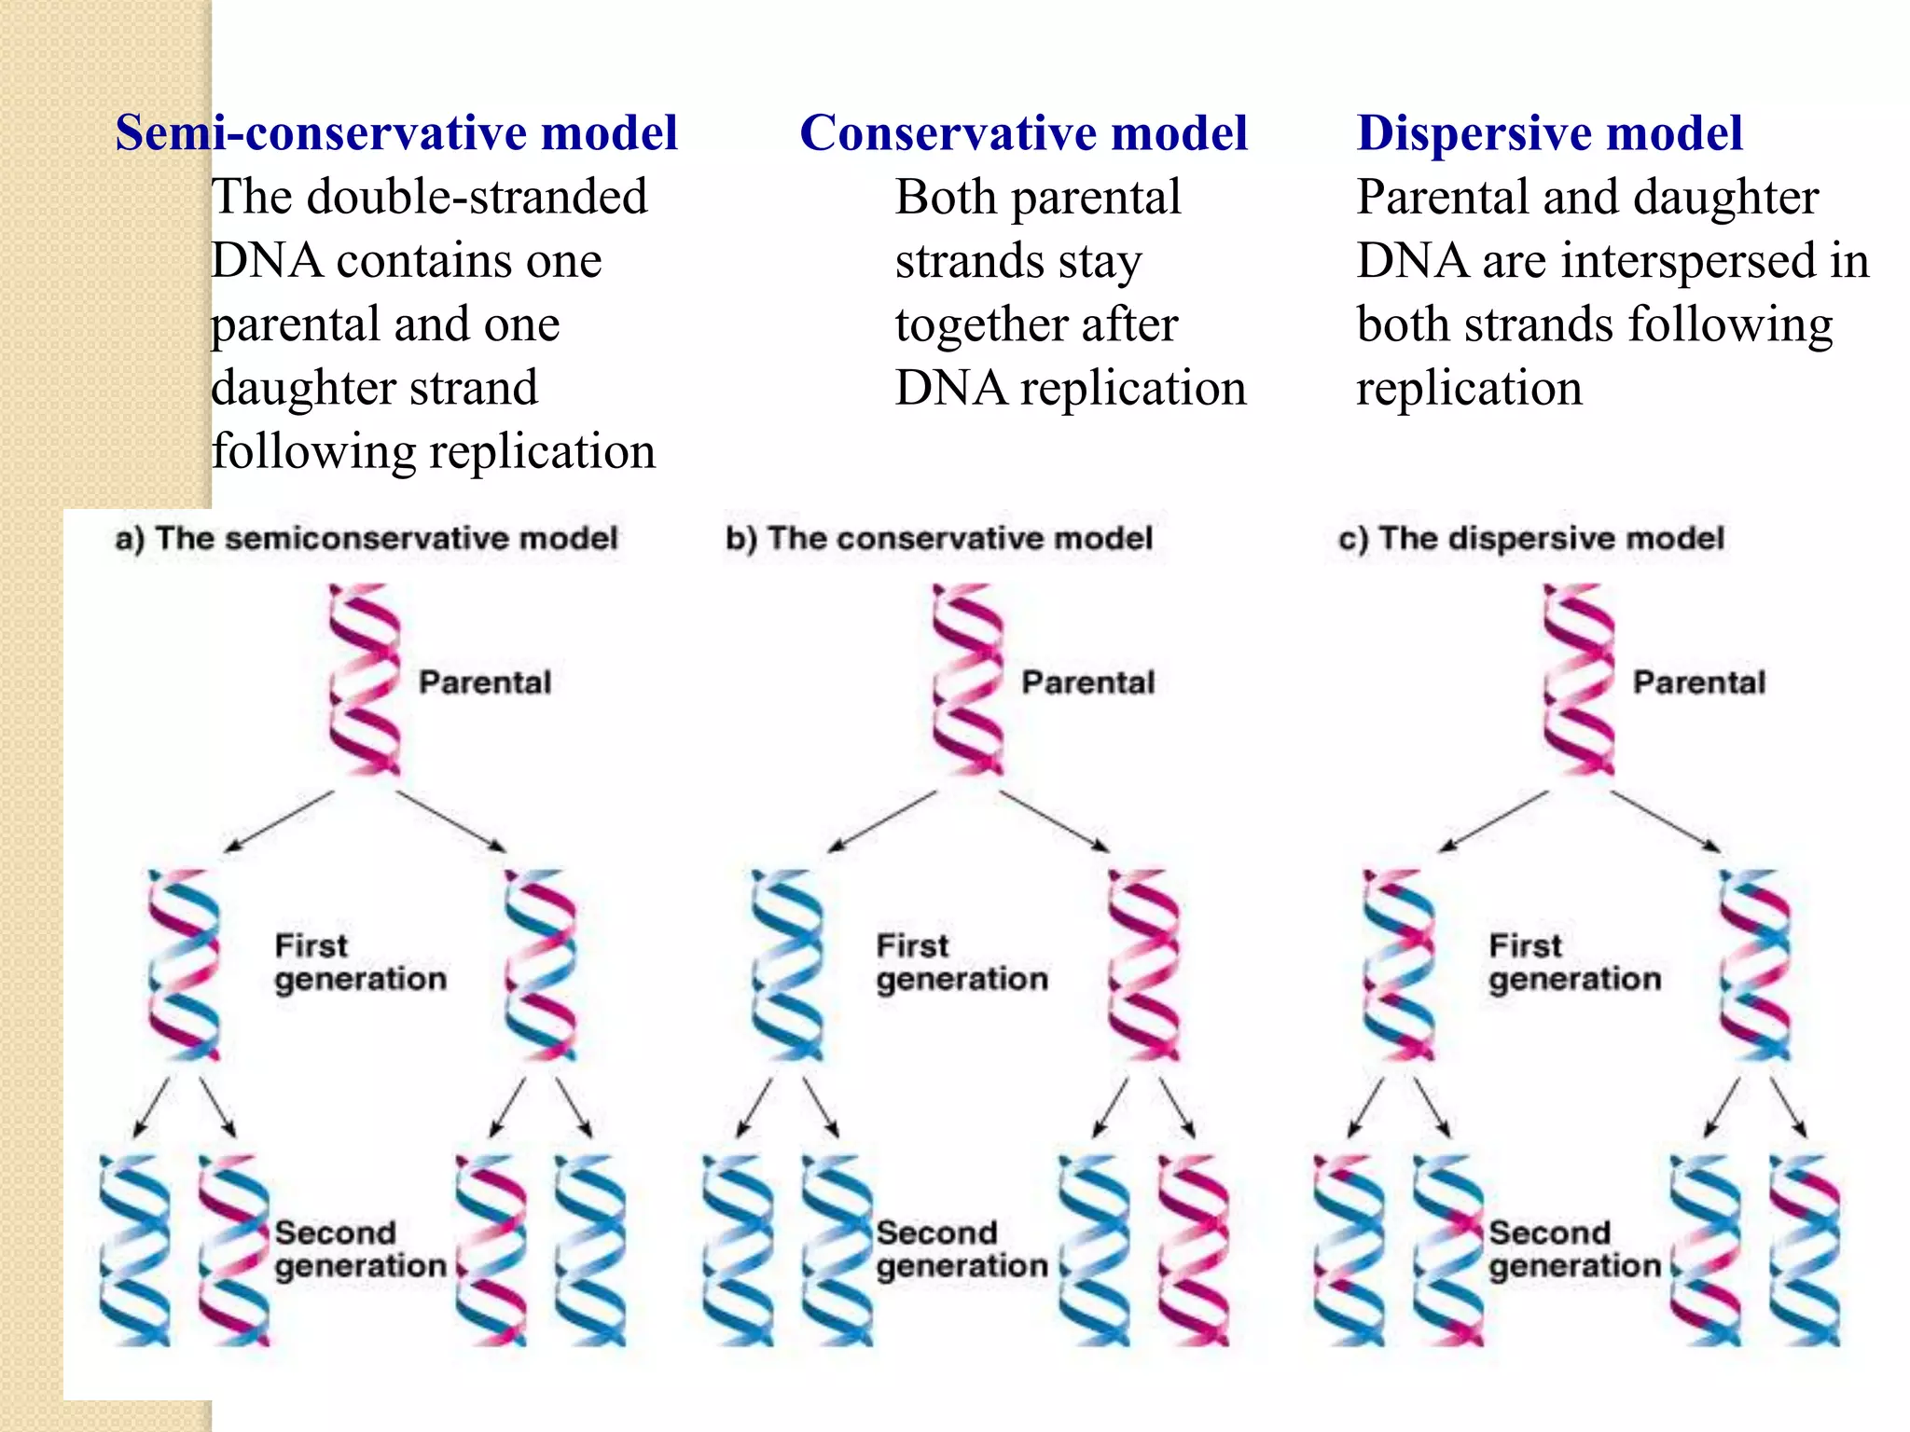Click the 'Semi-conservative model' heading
(396, 132)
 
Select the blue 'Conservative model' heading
(1023, 132)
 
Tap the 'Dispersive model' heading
(1549, 132)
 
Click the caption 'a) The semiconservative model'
(367, 539)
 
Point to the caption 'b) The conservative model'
(939, 539)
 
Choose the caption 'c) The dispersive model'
(1531, 539)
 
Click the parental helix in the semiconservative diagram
(365, 680)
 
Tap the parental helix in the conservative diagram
(968, 680)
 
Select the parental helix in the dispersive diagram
(1578, 680)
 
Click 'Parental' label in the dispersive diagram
(1699, 682)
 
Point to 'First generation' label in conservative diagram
(962, 963)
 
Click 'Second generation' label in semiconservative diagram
(360, 1249)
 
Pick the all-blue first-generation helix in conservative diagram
(787, 965)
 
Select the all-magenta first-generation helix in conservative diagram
(1144, 965)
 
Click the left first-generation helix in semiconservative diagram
(184, 965)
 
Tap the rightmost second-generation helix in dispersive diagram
(1805, 1250)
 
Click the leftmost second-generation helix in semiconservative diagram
(135, 1250)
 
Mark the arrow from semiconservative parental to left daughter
(279, 821)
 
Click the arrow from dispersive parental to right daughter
(1666, 821)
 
